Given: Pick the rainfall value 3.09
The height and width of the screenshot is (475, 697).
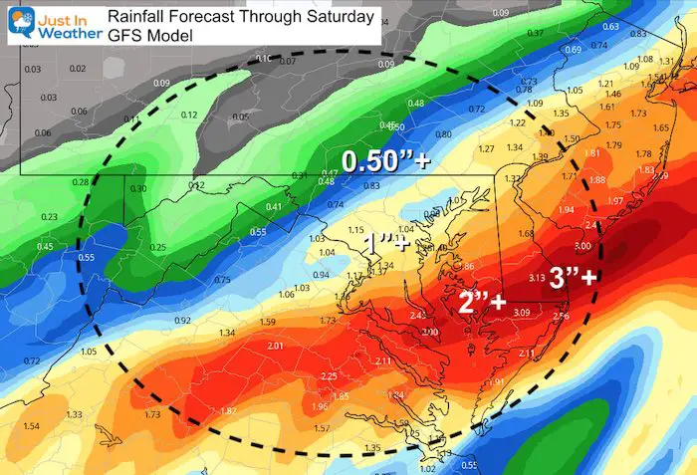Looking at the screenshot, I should [521, 313].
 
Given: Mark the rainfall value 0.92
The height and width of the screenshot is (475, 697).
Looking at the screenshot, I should [182, 321].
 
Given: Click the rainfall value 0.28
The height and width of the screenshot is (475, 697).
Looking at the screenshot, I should [81, 181].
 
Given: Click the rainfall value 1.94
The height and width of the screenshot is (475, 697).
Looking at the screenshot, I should [567, 211].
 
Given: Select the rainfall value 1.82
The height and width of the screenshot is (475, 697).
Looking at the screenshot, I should [228, 411].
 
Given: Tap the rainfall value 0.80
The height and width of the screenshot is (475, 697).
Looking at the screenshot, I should [443, 133].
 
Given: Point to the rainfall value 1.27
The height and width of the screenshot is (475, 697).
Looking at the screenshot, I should [486, 149].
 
